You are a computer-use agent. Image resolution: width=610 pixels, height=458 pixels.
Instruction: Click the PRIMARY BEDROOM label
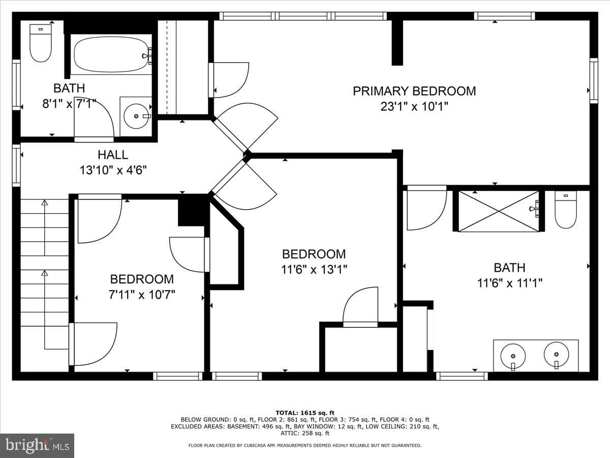tap(414, 91)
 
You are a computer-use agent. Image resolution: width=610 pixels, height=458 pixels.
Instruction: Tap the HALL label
tap(113, 155)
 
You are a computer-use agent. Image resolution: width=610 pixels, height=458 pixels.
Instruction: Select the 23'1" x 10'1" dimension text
tap(414, 106)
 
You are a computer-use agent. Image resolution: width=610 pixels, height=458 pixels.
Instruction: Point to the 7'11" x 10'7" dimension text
tap(142, 295)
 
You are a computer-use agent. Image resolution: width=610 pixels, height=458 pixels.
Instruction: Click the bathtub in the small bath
tap(111, 55)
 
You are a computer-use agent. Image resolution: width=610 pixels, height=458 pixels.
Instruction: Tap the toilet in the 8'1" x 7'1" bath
tap(41, 43)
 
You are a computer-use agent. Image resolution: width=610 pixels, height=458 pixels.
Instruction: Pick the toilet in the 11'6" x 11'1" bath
tap(566, 209)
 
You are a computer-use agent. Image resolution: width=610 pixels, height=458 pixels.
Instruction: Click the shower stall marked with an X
tap(499, 211)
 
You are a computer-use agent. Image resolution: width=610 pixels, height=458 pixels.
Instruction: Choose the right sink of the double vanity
tap(556, 355)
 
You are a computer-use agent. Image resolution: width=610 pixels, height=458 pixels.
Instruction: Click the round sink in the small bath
tap(136, 116)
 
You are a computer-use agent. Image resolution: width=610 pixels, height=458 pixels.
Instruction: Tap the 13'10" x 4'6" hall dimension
tap(113, 170)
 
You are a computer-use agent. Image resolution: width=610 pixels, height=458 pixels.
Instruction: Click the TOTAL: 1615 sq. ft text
tap(305, 413)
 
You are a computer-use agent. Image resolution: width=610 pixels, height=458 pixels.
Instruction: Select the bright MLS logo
tap(37, 445)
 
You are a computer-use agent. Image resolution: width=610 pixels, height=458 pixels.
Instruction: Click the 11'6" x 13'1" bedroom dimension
tap(314, 269)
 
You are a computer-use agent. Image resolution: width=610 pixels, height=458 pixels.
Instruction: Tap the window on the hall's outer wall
tap(16, 165)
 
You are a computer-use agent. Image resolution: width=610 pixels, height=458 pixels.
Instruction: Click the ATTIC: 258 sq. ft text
tap(305, 433)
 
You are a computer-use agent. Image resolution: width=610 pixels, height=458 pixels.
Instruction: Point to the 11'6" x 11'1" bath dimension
tap(510, 283)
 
